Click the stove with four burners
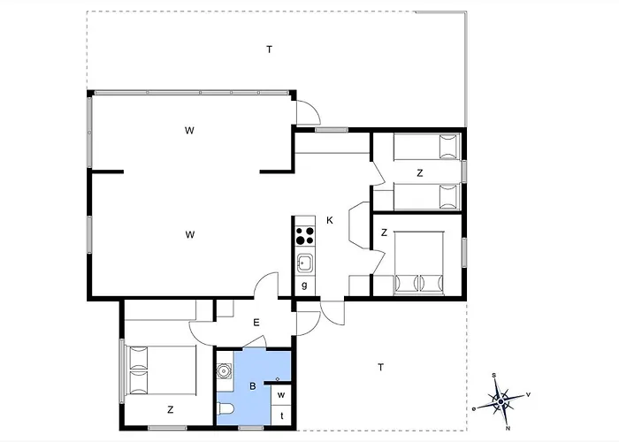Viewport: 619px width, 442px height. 305,235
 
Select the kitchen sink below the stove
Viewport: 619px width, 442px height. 305,263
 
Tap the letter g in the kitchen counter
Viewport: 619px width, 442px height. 304,285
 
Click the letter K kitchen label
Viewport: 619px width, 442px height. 330,220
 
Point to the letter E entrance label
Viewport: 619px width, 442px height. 256,323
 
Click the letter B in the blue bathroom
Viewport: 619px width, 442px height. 253,386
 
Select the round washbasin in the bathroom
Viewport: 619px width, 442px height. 225,371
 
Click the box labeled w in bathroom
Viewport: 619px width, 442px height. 281,394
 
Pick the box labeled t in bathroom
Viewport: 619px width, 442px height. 281,415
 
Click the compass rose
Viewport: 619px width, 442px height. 501,401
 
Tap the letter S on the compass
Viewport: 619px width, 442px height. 493,376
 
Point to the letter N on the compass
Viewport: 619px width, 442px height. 508,428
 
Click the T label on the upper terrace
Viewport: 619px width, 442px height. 269,50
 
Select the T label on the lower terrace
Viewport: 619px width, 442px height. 380,368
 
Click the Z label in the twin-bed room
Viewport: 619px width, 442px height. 420,173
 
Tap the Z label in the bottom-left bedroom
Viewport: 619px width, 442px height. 170,409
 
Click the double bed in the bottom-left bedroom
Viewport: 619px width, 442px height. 161,370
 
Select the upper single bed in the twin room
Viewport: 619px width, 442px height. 427,147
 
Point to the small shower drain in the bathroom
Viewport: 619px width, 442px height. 278,379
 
